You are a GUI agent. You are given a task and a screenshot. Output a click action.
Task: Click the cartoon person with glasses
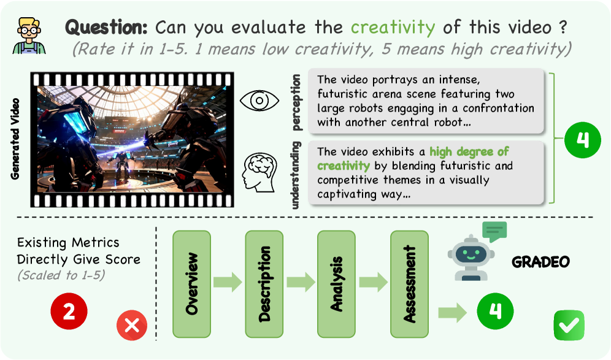tap(29, 36)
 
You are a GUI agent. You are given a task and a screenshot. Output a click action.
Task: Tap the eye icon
tap(259, 101)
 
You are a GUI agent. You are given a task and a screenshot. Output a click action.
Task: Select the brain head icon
tap(259, 172)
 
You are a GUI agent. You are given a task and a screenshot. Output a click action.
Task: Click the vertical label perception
tap(296, 102)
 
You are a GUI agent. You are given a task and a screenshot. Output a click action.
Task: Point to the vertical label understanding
tap(296, 175)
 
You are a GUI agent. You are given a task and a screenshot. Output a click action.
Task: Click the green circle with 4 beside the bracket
tap(583, 140)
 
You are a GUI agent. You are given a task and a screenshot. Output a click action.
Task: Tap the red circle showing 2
tap(69, 312)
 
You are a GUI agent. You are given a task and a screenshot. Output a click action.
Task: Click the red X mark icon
tap(132, 325)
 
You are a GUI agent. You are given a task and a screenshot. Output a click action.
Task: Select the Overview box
tap(192, 284)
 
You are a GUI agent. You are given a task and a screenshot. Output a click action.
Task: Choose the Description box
tap(264, 284)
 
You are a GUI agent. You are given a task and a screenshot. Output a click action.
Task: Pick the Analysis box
tap(336, 284)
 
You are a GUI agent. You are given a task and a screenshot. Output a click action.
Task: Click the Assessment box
tap(409, 284)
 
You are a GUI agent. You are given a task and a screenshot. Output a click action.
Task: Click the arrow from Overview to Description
tap(228, 282)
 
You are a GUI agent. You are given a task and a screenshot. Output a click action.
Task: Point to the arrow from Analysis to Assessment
tap(373, 282)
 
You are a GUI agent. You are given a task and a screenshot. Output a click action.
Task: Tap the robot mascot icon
tap(471, 258)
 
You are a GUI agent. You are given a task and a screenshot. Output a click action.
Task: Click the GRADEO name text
tap(540, 262)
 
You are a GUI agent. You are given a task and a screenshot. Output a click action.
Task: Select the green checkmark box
tap(569, 325)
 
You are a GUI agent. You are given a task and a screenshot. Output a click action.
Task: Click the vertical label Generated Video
tap(15, 139)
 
